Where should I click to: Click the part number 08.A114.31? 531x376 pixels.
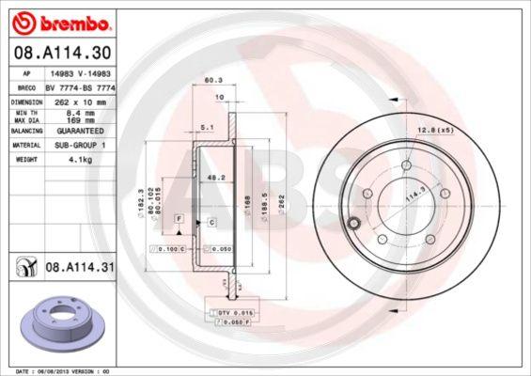(x=80, y=267)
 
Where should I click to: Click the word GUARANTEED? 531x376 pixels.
(x=79, y=132)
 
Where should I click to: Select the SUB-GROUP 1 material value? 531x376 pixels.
(x=79, y=147)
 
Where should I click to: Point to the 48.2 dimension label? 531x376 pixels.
(x=214, y=176)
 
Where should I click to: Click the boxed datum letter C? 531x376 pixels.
(x=211, y=222)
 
